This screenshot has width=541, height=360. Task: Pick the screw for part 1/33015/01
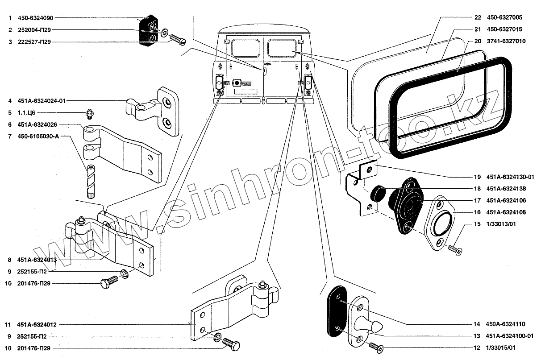point(376,346)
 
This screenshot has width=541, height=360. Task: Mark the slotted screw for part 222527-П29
point(177,41)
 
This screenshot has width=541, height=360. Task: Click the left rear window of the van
point(241,46)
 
